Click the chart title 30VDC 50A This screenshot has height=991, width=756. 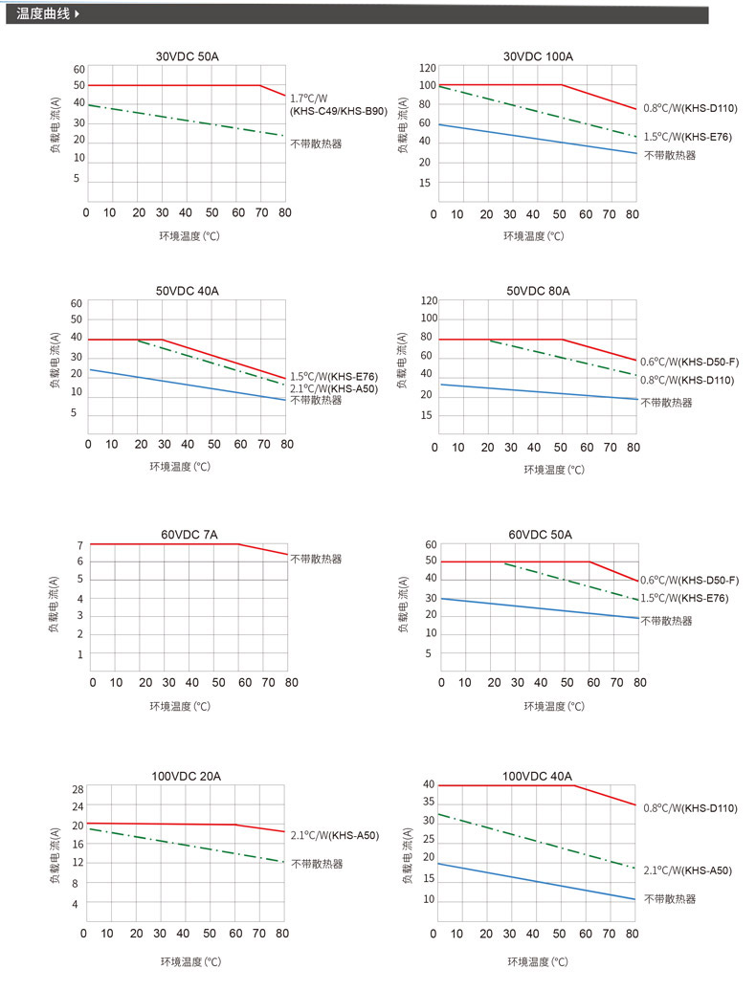pyautogui.click(x=188, y=56)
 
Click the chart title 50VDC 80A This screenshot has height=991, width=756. pyautogui.click(x=538, y=291)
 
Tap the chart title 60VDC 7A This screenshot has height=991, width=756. pyautogui.click(x=189, y=535)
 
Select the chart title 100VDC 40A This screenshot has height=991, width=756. pyautogui.click(x=537, y=776)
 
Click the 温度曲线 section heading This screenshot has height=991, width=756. pyautogui.click(x=44, y=14)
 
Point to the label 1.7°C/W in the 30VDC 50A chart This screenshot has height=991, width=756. pyautogui.click(x=308, y=99)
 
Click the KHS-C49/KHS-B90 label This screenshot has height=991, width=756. pyautogui.click(x=338, y=112)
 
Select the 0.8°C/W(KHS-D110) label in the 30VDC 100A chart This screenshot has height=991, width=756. pyautogui.click(x=689, y=108)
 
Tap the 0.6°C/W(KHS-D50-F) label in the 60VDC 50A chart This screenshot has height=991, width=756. pyautogui.click(x=689, y=581)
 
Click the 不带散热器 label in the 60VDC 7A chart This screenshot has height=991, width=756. pyautogui.click(x=316, y=559)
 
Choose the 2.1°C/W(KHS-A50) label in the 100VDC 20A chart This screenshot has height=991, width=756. pyautogui.click(x=334, y=835)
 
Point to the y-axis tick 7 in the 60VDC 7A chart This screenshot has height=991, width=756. pyautogui.click(x=80, y=545)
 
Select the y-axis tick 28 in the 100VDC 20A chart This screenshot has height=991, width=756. pyautogui.click(x=78, y=789)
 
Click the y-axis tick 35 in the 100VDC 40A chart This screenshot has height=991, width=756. pyautogui.click(x=430, y=803)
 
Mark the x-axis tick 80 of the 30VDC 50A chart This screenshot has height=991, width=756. pyautogui.click(x=284, y=212)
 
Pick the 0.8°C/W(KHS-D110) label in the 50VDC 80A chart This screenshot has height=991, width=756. pyautogui.click(x=688, y=380)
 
